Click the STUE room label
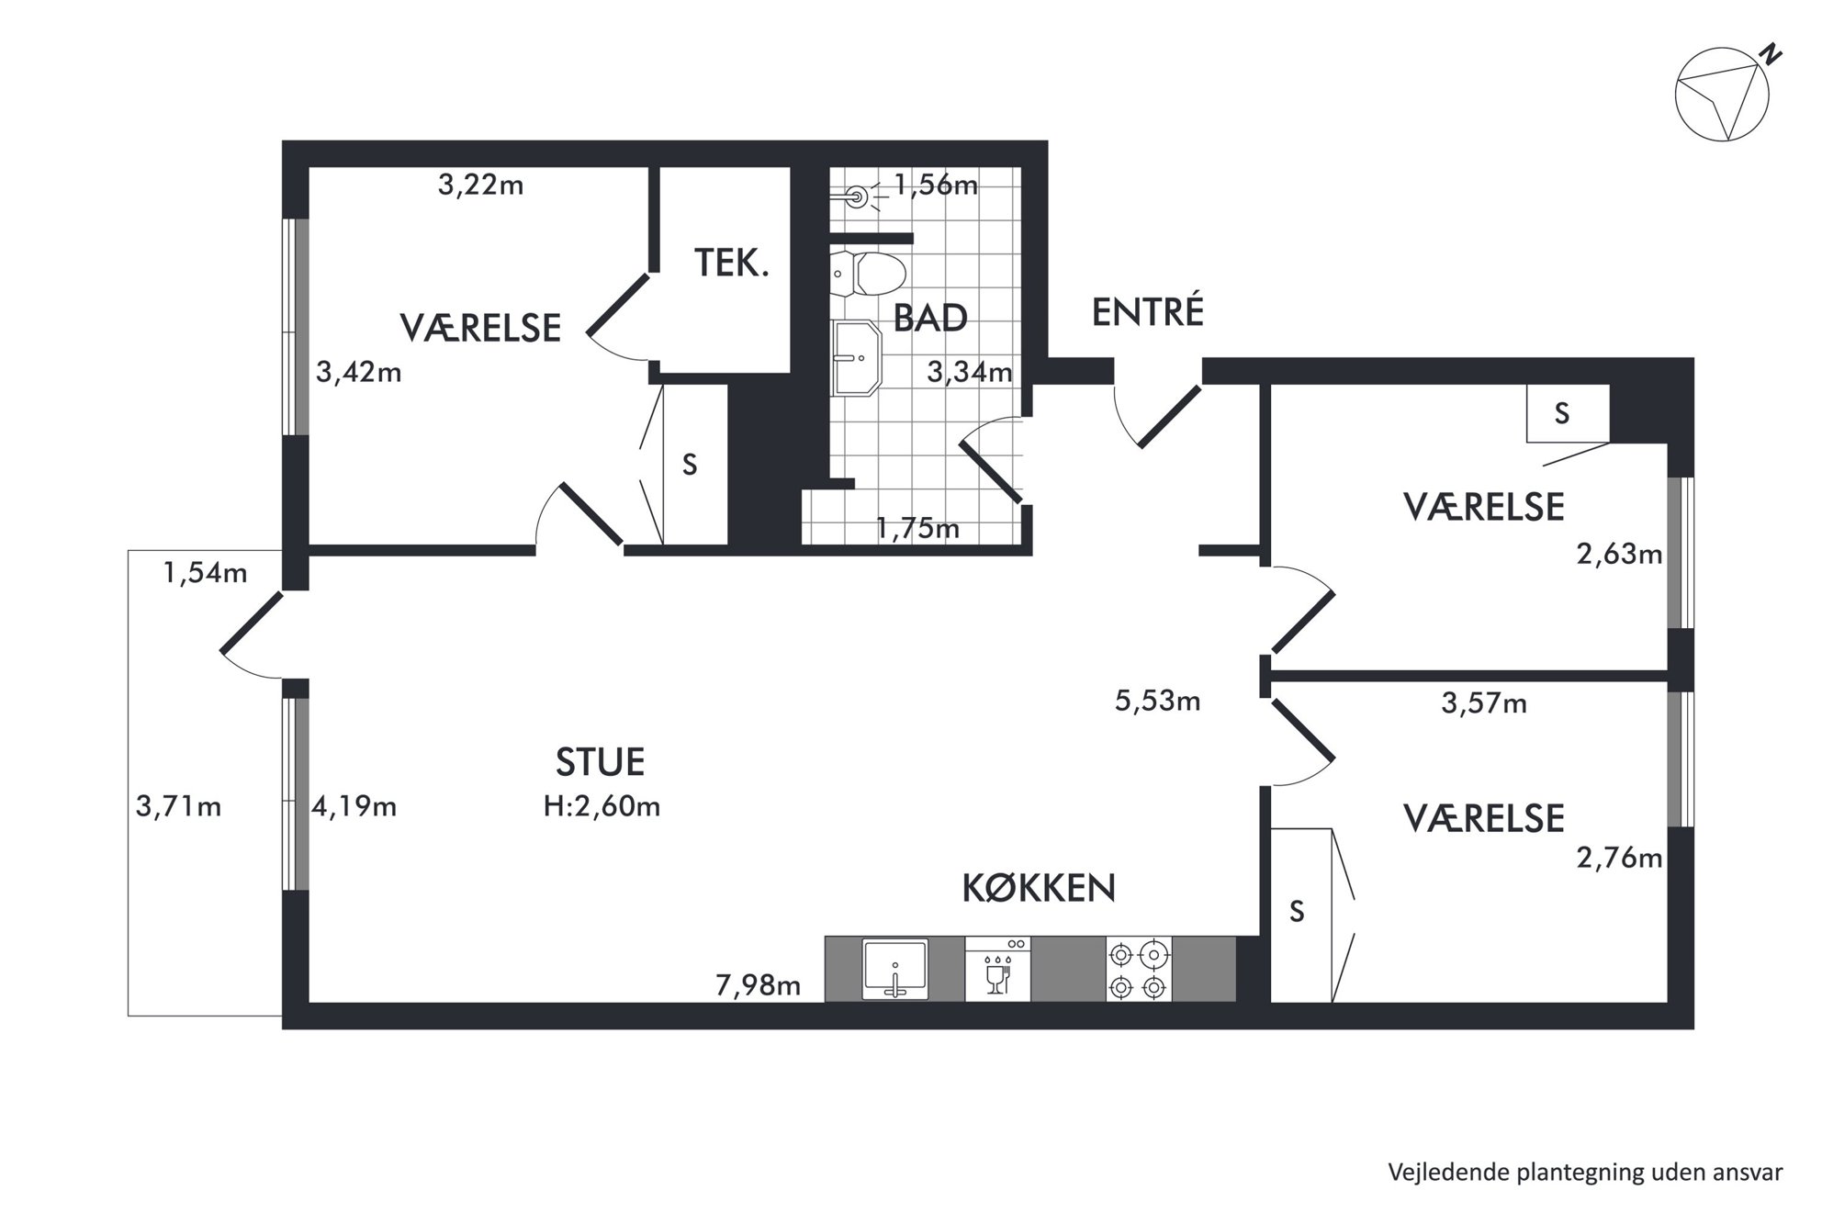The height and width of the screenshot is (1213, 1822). click(x=600, y=762)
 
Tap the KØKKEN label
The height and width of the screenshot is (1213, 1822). click(x=1039, y=888)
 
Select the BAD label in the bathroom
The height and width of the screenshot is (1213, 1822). click(x=930, y=319)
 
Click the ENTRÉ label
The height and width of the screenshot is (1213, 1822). click(x=1147, y=312)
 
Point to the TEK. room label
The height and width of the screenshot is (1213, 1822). click(x=731, y=264)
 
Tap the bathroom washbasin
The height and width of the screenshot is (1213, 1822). click(x=856, y=358)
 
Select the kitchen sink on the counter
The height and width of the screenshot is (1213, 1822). click(x=895, y=969)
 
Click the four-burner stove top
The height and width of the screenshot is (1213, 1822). click(x=1139, y=970)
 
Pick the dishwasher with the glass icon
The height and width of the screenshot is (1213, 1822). click(x=997, y=969)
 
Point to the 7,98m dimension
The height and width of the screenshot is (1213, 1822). click(x=758, y=986)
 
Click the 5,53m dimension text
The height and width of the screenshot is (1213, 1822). click(x=1157, y=702)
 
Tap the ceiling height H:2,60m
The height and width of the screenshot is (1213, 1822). click(x=602, y=806)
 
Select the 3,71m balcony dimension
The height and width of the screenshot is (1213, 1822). click(x=178, y=807)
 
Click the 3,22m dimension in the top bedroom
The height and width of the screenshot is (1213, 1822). click(x=480, y=185)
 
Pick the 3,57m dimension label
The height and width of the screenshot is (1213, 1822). click(x=1484, y=703)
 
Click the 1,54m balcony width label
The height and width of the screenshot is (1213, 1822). click(x=205, y=573)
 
